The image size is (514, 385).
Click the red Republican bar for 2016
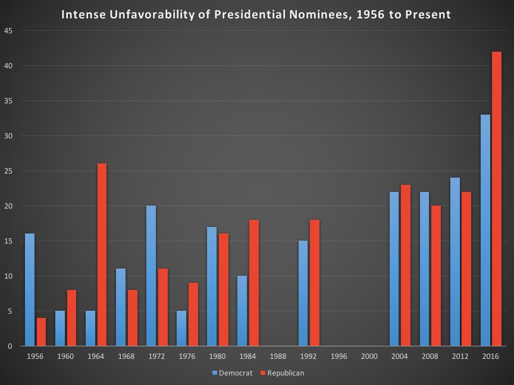[497, 199]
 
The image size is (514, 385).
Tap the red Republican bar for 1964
[102, 255]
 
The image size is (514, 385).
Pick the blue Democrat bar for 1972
[151, 276]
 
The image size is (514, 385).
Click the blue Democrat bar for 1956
[30, 290]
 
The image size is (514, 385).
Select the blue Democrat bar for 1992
[303, 294]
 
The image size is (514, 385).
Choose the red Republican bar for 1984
[253, 283]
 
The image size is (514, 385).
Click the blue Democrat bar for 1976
[181, 329]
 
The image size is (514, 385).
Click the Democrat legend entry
[232, 373]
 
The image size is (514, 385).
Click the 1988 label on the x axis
[278, 356]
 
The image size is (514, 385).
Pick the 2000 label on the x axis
[369, 356]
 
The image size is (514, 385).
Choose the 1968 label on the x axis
[126, 356]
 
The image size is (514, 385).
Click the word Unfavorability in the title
[147, 13]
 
